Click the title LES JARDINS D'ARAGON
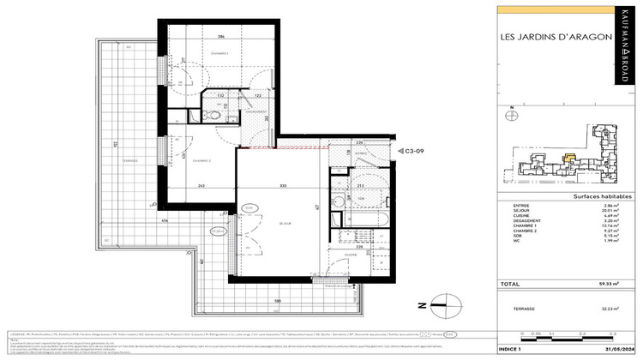(555, 37)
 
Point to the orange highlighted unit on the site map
(570, 157)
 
